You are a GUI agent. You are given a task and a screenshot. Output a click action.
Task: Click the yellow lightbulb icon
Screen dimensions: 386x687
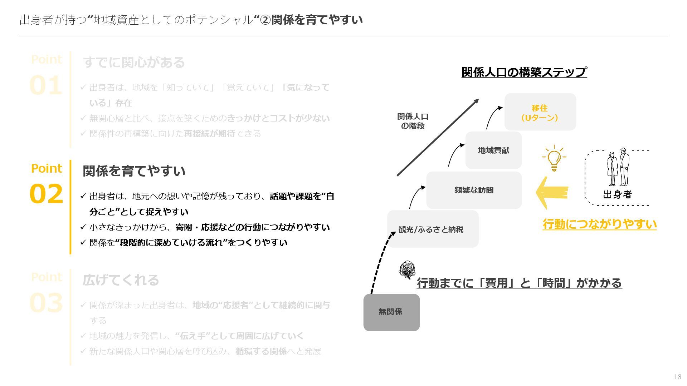554,158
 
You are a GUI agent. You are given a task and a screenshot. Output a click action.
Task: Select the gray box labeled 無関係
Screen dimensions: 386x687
391,312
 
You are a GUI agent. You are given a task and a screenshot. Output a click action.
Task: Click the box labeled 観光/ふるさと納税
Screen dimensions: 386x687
433,229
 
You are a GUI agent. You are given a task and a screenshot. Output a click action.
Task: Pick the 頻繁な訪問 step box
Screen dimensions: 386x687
474,190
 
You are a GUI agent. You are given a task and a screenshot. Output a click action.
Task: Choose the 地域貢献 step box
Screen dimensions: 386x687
493,150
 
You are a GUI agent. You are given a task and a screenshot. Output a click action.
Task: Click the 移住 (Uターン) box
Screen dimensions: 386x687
540,112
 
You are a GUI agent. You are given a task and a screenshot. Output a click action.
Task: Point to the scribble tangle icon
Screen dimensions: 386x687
407,270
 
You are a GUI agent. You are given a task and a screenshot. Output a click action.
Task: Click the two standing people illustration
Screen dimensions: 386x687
618,167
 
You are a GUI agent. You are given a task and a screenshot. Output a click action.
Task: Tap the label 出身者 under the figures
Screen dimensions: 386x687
617,195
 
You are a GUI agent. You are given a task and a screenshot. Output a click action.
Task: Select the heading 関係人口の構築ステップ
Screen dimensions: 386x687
524,72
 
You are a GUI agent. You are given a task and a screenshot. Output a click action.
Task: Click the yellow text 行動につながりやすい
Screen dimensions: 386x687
599,224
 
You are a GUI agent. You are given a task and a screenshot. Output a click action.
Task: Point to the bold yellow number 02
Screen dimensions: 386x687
46,194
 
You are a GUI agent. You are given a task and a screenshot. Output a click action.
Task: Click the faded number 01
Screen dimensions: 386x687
46,86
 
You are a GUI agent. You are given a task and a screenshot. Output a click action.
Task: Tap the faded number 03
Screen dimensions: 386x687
46,303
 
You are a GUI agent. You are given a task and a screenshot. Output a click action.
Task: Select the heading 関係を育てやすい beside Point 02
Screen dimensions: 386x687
134,171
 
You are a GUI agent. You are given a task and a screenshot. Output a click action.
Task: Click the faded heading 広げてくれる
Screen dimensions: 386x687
121,280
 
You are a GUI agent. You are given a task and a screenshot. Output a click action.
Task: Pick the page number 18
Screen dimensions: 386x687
677,377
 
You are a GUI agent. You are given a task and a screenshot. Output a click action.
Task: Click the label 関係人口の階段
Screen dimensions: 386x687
413,121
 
